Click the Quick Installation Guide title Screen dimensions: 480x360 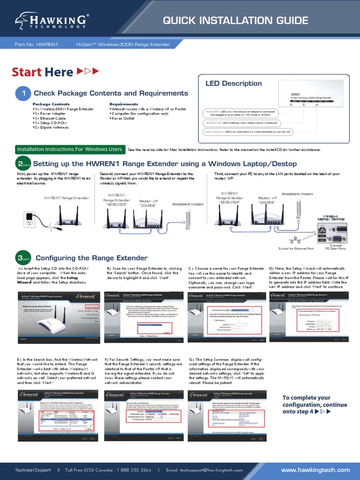[235, 21]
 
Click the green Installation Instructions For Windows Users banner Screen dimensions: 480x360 [69, 149]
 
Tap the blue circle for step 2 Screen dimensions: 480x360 [23, 165]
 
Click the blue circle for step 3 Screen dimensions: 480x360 [23, 258]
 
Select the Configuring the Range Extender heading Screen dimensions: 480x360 [91, 258]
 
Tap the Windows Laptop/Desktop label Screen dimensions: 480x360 [331, 217]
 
